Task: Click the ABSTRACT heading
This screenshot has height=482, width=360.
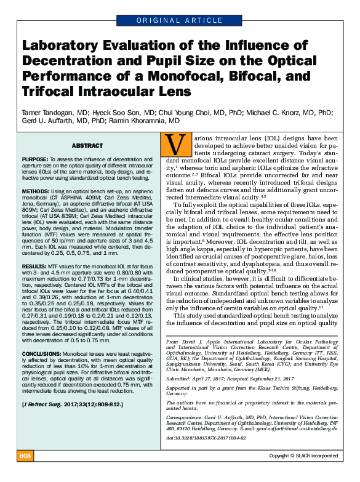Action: (87, 145)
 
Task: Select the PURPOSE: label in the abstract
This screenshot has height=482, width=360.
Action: (35, 158)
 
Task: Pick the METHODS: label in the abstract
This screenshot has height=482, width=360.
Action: (36, 191)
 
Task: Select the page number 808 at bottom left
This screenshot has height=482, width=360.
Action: (25, 473)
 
